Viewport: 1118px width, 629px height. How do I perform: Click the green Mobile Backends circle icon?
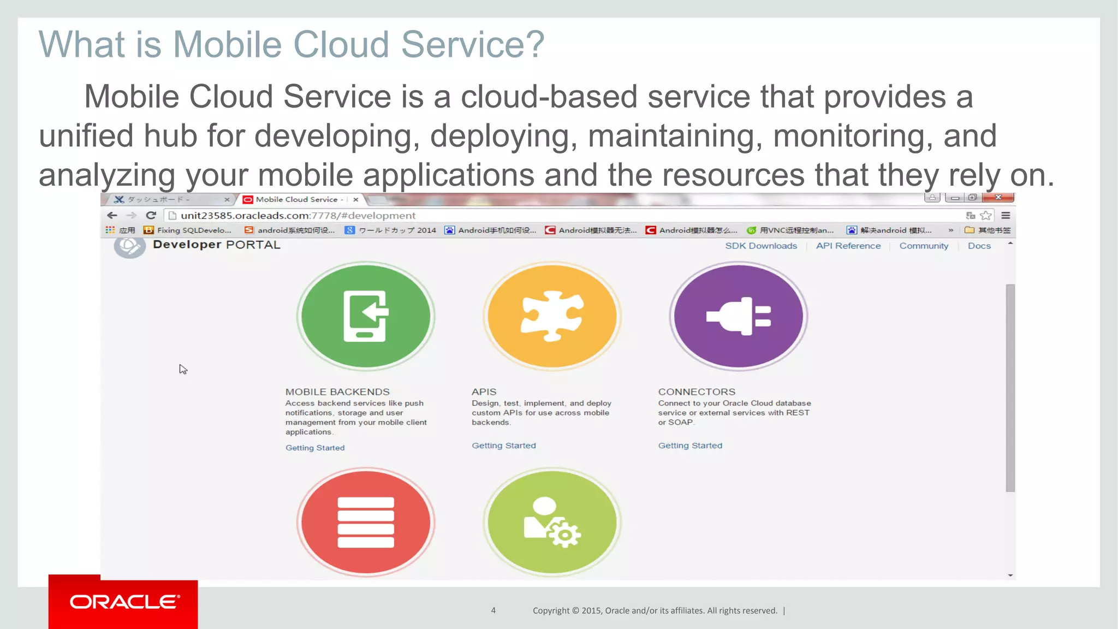tap(365, 316)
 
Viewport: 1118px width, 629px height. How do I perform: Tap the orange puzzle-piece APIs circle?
tap(552, 316)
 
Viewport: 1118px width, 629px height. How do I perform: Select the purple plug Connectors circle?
tap(738, 316)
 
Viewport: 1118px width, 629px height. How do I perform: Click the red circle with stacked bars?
tap(365, 522)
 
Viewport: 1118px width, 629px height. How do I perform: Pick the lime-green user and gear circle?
tap(552, 522)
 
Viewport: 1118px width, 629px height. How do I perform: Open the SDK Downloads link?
tap(760, 246)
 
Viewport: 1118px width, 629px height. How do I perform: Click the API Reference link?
tap(848, 246)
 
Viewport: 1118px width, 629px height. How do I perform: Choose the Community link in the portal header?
tap(924, 246)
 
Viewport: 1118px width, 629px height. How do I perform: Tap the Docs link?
tap(979, 246)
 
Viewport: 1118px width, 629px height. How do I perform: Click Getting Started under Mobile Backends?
tap(315, 448)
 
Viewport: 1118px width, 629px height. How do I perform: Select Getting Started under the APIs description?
tap(503, 446)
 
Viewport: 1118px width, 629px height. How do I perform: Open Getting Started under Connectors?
tap(690, 446)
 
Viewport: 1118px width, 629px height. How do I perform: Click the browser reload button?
tap(151, 215)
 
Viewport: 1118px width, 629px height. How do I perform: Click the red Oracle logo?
tap(123, 602)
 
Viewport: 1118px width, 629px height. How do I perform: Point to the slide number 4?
tap(493, 610)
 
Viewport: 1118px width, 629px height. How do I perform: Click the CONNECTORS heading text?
tap(697, 391)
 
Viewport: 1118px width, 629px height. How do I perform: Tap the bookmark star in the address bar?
tap(985, 215)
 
